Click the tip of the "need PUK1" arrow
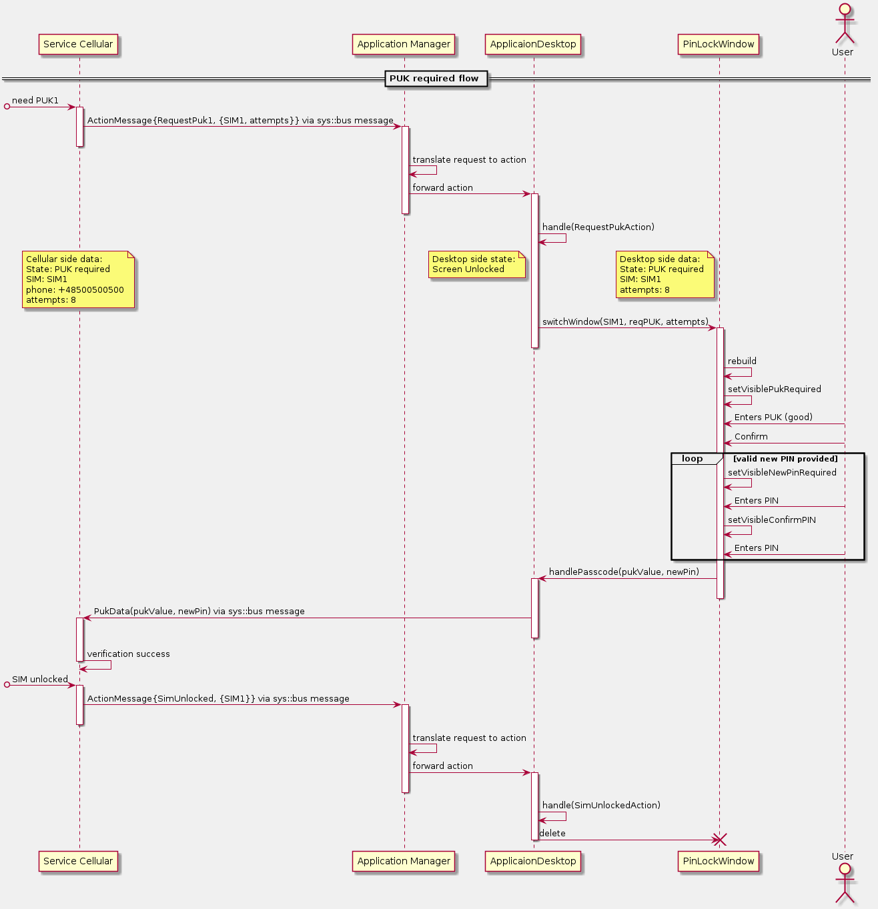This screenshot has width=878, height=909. [x=75, y=107]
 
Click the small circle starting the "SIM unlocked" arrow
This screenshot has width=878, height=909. [x=7, y=685]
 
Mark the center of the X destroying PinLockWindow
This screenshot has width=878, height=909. [x=720, y=840]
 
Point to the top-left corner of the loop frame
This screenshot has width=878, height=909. [x=671, y=453]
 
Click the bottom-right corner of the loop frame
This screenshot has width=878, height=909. [x=865, y=560]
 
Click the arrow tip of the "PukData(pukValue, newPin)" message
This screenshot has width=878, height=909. [x=83, y=618]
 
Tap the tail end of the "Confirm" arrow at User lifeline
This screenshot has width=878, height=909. [x=845, y=443]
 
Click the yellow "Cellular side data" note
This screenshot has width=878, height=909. [x=78, y=279]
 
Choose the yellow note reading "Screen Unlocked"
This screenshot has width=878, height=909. [x=476, y=264]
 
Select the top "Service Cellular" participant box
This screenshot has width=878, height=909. [x=78, y=45]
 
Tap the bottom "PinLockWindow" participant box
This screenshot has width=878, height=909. [x=718, y=861]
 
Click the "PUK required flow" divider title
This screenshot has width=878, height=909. [x=434, y=79]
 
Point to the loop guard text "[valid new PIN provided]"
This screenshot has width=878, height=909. [x=785, y=459]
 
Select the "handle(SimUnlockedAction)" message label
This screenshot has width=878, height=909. [x=601, y=805]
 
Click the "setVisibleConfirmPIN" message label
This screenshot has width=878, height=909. [x=771, y=520]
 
